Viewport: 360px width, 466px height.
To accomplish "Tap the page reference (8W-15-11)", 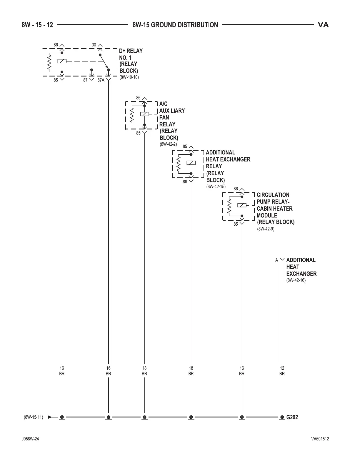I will click(33, 417).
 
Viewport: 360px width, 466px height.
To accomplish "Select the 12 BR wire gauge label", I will click(282, 371).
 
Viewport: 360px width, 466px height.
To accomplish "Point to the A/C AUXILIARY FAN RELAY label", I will click(171, 121).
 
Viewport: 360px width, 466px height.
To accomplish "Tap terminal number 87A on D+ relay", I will click(101, 80).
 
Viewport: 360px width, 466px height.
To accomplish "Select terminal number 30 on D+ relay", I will click(94, 45).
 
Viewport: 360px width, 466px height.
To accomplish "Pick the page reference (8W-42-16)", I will click(296, 280).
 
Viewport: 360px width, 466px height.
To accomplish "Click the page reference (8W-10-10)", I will click(129, 77).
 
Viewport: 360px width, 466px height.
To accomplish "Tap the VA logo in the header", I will click(323, 25).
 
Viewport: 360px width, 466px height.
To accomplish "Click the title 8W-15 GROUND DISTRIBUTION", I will click(175, 25).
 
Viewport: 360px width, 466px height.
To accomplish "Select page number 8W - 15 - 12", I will click(37, 25).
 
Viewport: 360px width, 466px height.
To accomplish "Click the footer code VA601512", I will click(320, 439).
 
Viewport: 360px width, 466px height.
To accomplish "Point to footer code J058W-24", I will click(30, 439).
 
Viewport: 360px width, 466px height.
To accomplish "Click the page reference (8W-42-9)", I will click(266, 229).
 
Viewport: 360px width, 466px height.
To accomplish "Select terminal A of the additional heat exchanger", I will click(276, 260).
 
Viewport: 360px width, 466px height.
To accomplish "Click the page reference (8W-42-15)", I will click(216, 187).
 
